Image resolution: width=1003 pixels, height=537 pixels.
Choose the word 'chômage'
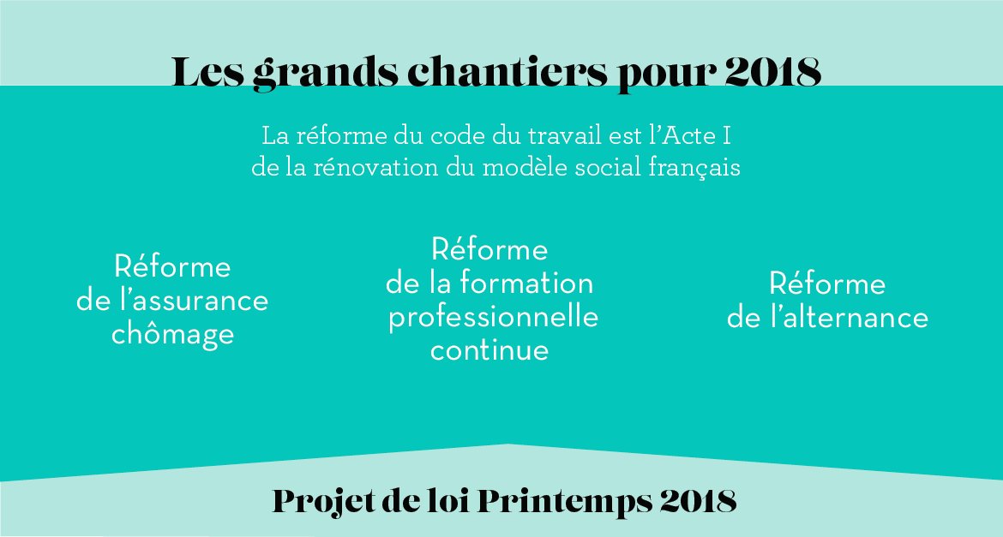[x=172, y=334]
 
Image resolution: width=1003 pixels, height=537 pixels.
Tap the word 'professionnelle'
[x=493, y=317]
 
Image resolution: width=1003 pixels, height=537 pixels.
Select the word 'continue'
[x=489, y=350]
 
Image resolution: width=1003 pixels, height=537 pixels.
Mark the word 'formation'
[x=526, y=283]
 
